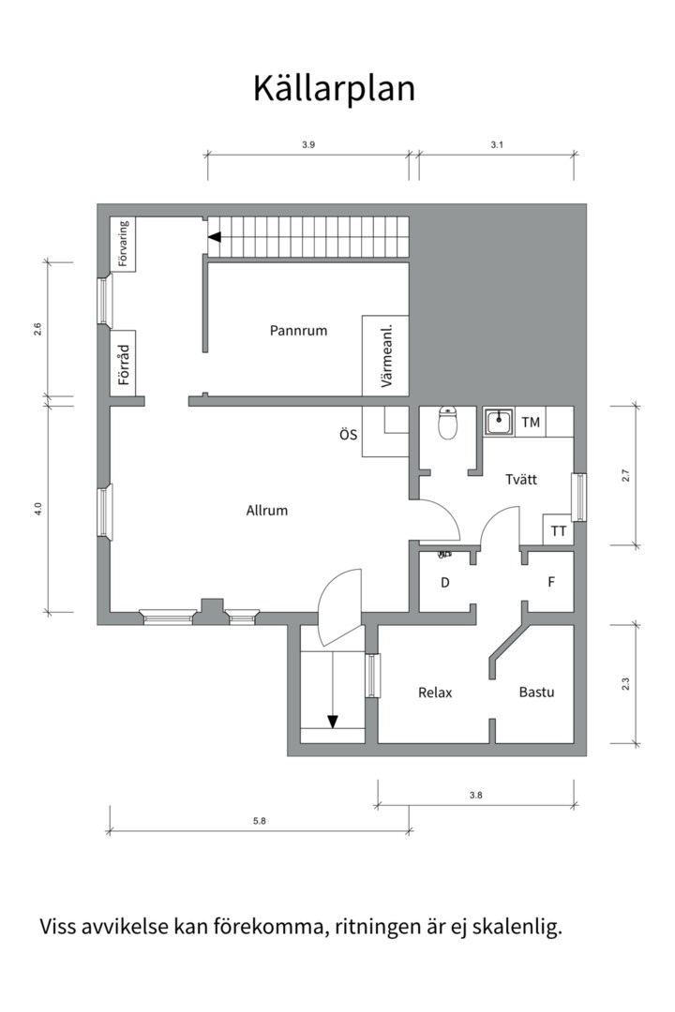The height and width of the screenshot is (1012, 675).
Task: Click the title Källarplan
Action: (x=334, y=89)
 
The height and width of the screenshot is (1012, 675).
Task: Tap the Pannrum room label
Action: (x=298, y=330)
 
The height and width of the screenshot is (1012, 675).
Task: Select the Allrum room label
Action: (x=266, y=511)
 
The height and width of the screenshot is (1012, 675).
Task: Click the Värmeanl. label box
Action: (x=386, y=355)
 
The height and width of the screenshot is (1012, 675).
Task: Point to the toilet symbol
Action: (x=447, y=424)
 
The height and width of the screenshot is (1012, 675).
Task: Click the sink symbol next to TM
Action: (x=499, y=423)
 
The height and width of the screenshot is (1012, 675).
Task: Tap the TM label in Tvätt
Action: (x=531, y=423)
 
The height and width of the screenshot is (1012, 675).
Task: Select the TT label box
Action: (x=559, y=530)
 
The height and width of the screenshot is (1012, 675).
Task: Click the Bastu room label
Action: (x=536, y=692)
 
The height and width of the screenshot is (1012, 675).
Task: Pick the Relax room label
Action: (x=435, y=692)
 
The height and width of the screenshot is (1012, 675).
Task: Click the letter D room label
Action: (x=445, y=582)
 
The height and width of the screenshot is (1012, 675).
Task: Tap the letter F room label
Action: (x=552, y=582)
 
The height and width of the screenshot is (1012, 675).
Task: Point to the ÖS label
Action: (x=348, y=435)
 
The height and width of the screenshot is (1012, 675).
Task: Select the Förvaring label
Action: (x=124, y=245)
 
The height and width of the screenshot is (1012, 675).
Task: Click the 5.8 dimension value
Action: (x=260, y=822)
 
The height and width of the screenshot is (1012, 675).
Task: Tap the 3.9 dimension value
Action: (x=308, y=144)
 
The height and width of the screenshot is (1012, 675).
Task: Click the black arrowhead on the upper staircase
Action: (x=215, y=238)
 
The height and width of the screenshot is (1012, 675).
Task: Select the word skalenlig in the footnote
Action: (x=517, y=928)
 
